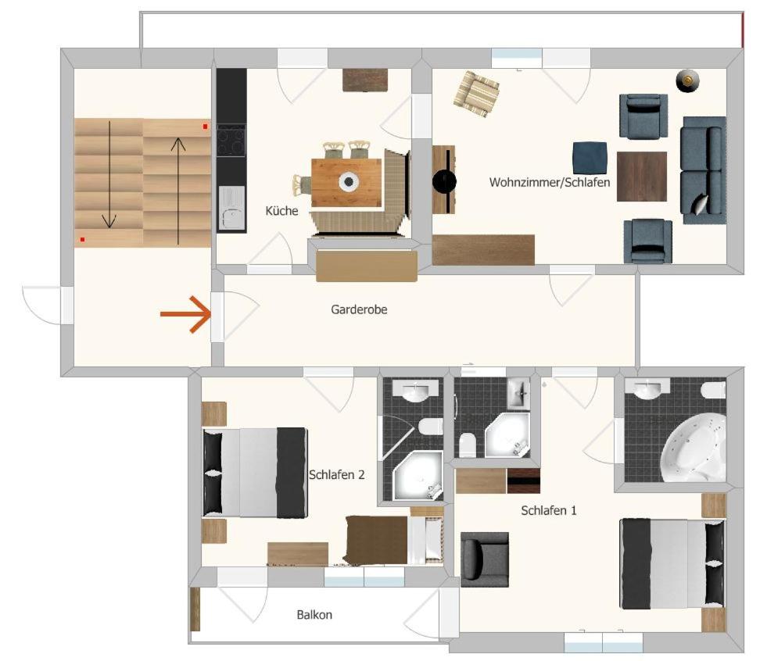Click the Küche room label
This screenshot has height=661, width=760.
[x=281, y=211]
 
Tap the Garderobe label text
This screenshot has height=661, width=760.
[x=359, y=309]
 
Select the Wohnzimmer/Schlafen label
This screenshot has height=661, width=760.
[x=549, y=183]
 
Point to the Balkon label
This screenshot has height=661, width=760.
[x=314, y=615]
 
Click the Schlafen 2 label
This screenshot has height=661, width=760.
[x=336, y=475]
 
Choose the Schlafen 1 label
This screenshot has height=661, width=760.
[x=549, y=510]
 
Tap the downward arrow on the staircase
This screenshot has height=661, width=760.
[x=109, y=174]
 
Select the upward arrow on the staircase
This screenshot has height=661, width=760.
[x=178, y=191]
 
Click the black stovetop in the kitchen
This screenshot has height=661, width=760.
[x=231, y=141]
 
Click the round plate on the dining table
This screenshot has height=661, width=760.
[x=349, y=181]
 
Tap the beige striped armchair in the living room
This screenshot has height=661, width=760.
[x=476, y=94]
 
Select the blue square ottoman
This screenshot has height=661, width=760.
[x=590, y=158]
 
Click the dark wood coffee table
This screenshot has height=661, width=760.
[x=642, y=177]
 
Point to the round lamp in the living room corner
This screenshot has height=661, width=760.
[x=687, y=80]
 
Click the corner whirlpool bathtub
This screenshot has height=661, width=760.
[x=694, y=448]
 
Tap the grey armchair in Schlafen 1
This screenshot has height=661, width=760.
[x=484, y=559]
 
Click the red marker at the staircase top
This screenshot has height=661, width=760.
[x=205, y=127]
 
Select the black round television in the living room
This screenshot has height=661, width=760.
[x=444, y=180]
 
